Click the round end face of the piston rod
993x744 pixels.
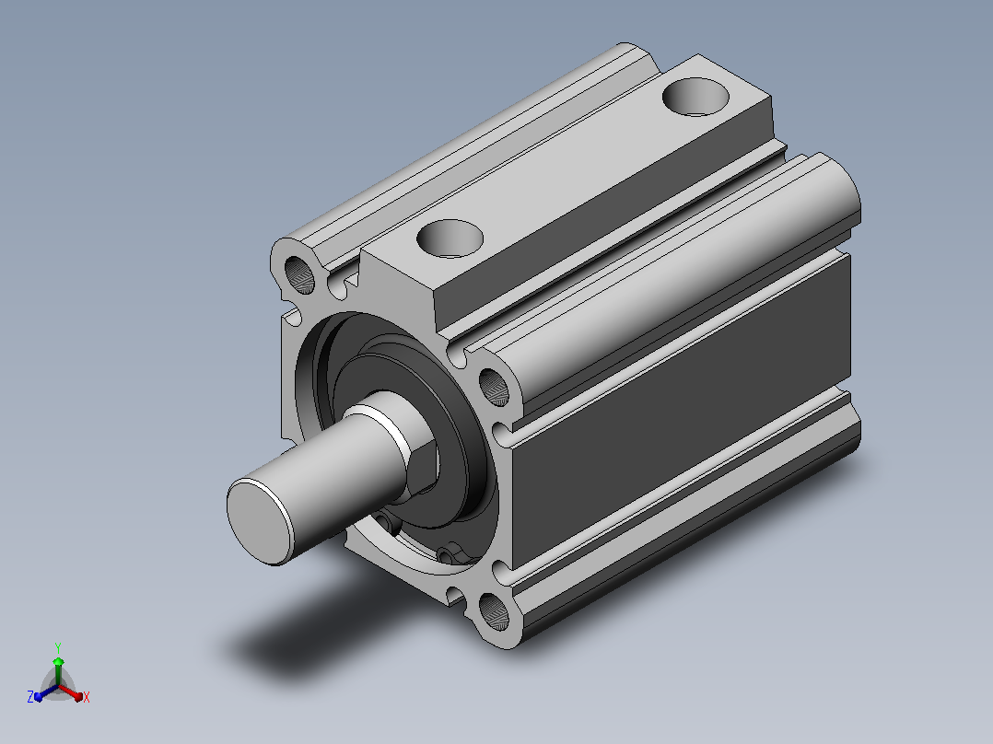[x=260, y=521]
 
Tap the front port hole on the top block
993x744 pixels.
[x=450, y=238]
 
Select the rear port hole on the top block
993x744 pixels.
[x=695, y=97]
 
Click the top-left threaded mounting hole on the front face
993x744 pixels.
[x=299, y=275]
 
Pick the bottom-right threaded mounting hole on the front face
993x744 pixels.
[x=494, y=610]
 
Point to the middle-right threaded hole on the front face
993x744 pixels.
[x=494, y=387]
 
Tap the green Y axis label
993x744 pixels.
[x=58, y=647]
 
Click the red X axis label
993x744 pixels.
[x=87, y=697]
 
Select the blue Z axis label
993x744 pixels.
[x=30, y=696]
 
